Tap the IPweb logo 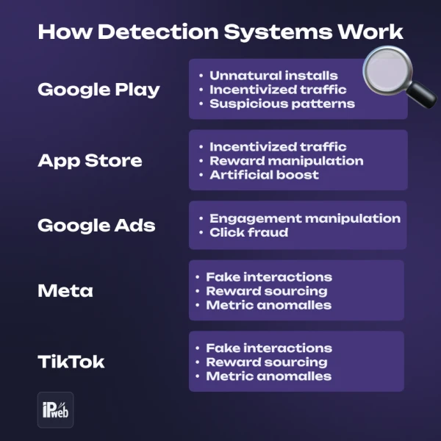pos(55,409)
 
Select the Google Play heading pos(98,90)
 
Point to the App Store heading pos(90,160)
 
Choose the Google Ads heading pos(96,225)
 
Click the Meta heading pos(65,290)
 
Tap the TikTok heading pos(71,362)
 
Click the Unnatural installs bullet pos(273,76)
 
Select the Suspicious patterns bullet pos(282,104)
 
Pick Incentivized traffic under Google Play pos(278,90)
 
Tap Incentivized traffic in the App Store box pos(278,147)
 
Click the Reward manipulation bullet pos(286,161)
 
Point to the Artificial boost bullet pos(264,175)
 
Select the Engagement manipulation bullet pos(304,218)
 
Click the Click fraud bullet pos(248,232)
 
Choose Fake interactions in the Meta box pos(268,277)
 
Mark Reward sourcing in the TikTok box pos(266,362)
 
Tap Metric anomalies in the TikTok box pos(268,376)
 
